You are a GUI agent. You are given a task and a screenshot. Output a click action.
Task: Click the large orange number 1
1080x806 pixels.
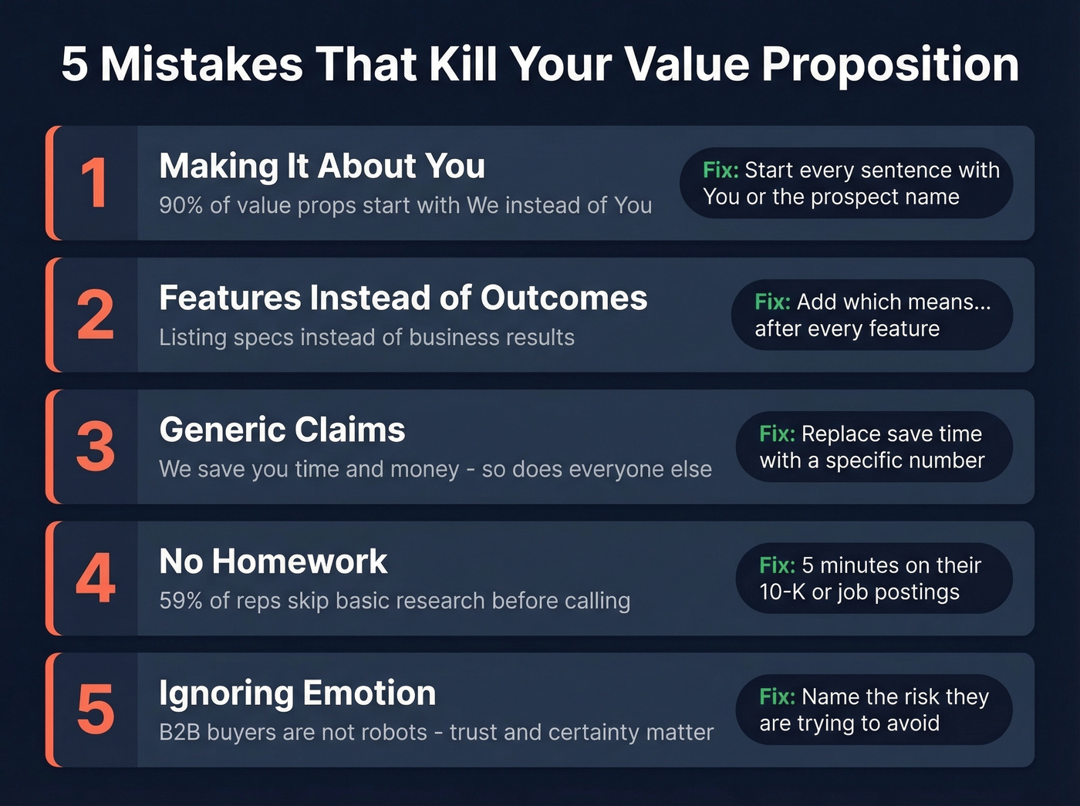click(x=94, y=184)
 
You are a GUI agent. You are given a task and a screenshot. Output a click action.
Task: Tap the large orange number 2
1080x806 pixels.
click(x=96, y=315)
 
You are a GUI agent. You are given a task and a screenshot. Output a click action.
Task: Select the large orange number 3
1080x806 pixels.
click(x=96, y=447)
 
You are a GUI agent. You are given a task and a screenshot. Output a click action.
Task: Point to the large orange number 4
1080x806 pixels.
click(x=96, y=578)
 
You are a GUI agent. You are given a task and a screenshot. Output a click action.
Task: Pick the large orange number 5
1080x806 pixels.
click(x=96, y=710)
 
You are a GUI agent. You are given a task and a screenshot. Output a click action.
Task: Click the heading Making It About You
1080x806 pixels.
click(x=322, y=166)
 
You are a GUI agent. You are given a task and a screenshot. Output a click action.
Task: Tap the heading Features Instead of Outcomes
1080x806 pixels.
click(x=403, y=298)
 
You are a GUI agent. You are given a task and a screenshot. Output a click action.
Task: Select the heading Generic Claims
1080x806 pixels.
click(x=282, y=430)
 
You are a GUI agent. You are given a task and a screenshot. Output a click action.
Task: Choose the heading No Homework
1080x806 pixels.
click(x=273, y=562)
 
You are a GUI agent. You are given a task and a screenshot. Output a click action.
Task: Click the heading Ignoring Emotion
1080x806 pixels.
click(x=297, y=693)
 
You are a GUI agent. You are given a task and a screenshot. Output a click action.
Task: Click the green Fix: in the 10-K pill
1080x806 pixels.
click(x=777, y=565)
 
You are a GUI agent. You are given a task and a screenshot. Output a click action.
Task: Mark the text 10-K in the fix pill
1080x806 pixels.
click(x=782, y=592)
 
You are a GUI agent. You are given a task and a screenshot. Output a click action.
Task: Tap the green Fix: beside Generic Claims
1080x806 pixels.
click(x=777, y=433)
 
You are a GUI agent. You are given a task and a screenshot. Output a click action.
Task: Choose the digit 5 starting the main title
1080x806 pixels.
click(x=74, y=64)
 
